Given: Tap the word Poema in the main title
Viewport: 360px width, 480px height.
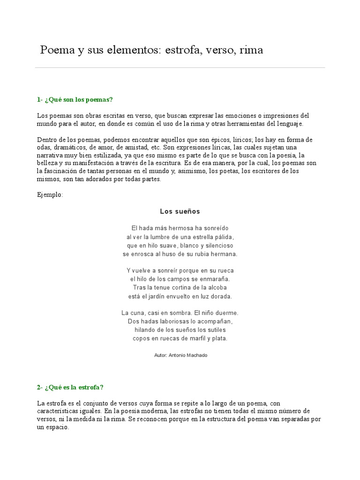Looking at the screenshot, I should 54,50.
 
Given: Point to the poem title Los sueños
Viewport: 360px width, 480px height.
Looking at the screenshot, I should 180,211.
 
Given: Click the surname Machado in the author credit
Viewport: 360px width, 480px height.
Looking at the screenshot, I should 195,355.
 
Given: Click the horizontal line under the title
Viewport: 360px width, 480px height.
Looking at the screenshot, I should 180,67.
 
